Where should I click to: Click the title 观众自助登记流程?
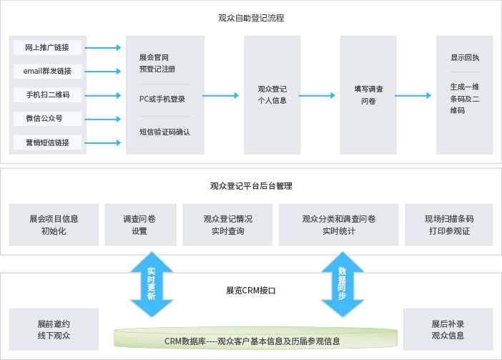[250, 17]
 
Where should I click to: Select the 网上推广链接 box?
[48, 47]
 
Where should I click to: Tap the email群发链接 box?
[48, 71]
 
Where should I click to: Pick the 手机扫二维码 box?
[48, 94]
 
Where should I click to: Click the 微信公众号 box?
[48, 118]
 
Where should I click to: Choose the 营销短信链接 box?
[48, 142]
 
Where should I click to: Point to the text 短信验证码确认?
[164, 132]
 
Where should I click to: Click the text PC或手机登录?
[162, 99]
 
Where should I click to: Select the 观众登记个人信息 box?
[272, 94]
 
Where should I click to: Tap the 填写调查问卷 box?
[368, 94]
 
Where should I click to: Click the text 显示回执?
[465, 57]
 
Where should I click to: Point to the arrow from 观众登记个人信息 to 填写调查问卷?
[335, 94]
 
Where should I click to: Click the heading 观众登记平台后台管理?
[250, 186]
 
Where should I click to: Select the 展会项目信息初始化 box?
[54, 225]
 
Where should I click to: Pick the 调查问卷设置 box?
[139, 225]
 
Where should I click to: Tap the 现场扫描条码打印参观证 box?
[449, 225]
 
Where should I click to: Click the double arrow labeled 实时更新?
[151, 284]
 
